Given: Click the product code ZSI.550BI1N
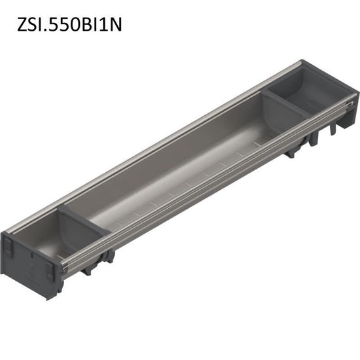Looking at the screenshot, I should point(71,26).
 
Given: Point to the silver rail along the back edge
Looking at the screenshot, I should point(164,131).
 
